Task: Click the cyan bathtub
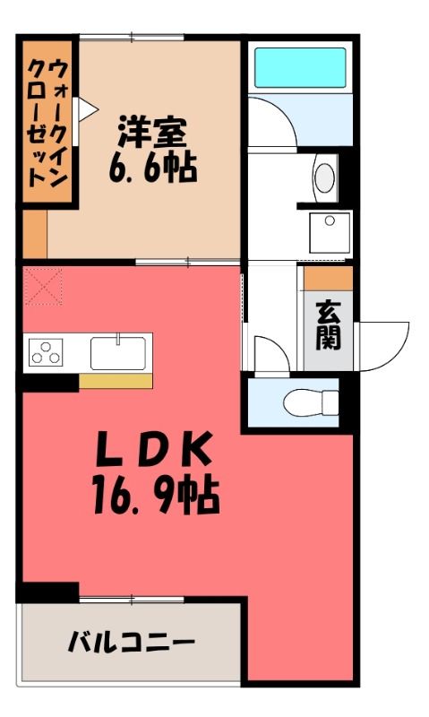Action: tap(300, 67)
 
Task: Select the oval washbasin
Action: tap(325, 177)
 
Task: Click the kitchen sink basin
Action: tap(118, 353)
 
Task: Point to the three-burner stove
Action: tap(46, 352)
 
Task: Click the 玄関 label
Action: tap(329, 325)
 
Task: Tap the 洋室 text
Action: tap(152, 133)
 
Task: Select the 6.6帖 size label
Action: tap(153, 168)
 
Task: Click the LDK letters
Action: tap(153, 448)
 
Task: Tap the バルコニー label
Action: tap(131, 642)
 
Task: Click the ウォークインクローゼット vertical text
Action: tap(47, 123)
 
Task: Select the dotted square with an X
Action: tap(43, 287)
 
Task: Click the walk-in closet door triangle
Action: tap(87, 109)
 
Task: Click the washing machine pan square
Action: tap(330, 233)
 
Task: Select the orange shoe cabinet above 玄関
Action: tap(328, 279)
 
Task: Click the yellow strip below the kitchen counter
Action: tap(116, 381)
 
